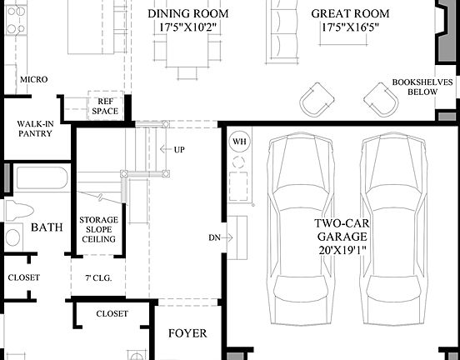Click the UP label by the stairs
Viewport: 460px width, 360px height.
tap(179, 150)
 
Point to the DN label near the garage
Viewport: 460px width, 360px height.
tap(214, 238)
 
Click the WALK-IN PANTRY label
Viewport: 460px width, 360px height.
tap(36, 127)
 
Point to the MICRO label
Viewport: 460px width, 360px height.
tap(34, 80)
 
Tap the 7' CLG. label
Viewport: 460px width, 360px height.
tap(98, 277)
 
